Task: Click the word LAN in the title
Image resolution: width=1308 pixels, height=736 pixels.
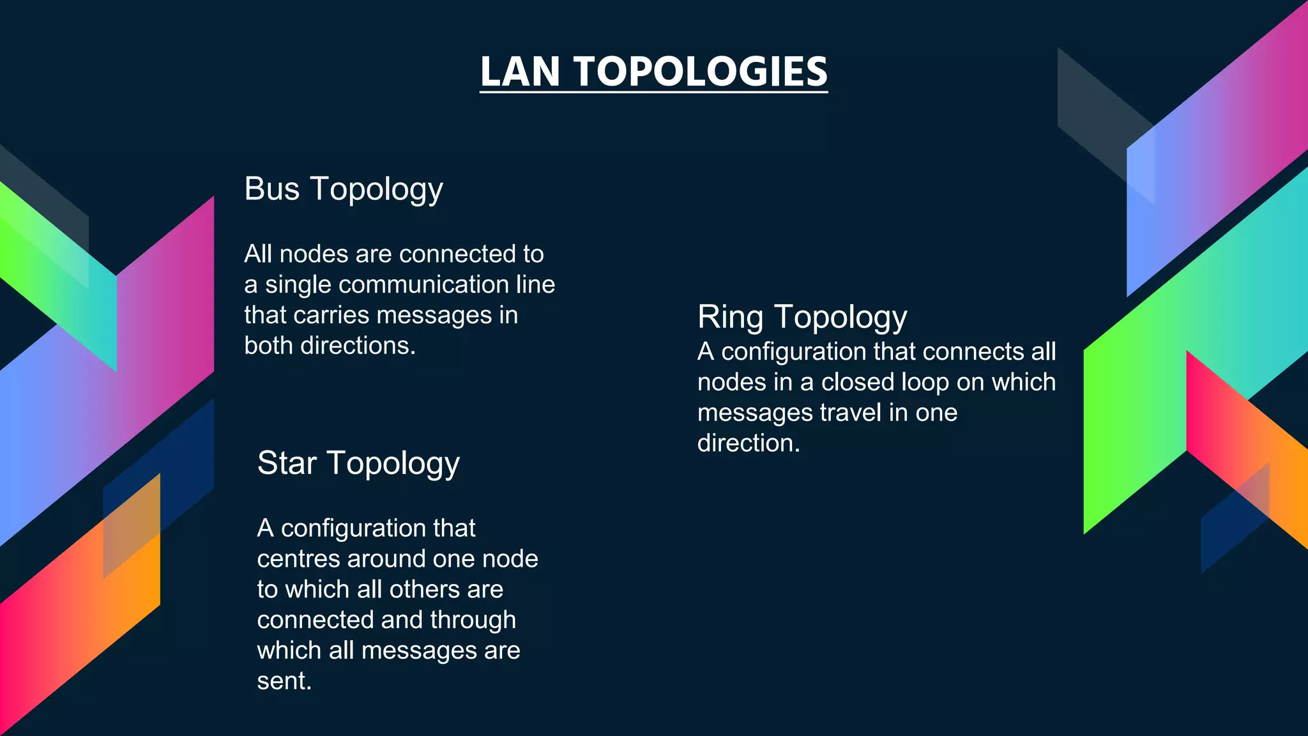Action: click(x=520, y=71)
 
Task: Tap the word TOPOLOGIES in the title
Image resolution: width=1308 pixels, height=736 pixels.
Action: click(x=701, y=71)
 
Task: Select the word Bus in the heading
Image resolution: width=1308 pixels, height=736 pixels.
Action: click(x=271, y=189)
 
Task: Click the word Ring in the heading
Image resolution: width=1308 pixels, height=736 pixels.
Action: click(x=730, y=317)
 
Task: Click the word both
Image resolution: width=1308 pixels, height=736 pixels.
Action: click(x=269, y=346)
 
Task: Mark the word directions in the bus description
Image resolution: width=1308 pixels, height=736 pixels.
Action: click(x=358, y=346)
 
